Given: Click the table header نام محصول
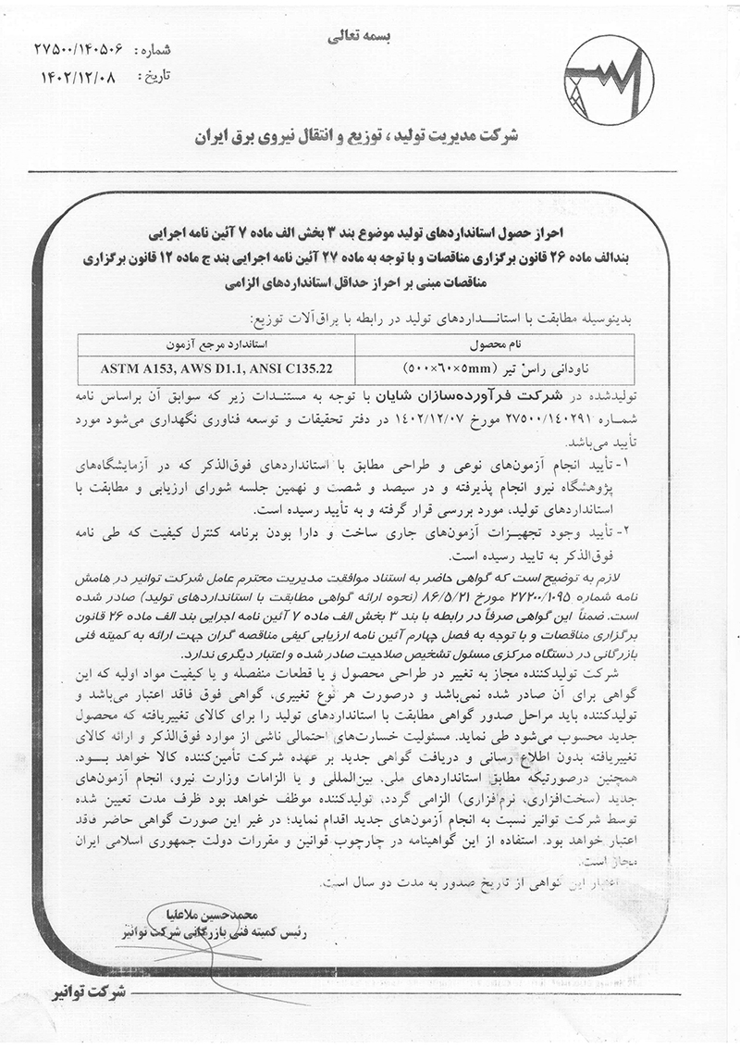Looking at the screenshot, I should (494, 343).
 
